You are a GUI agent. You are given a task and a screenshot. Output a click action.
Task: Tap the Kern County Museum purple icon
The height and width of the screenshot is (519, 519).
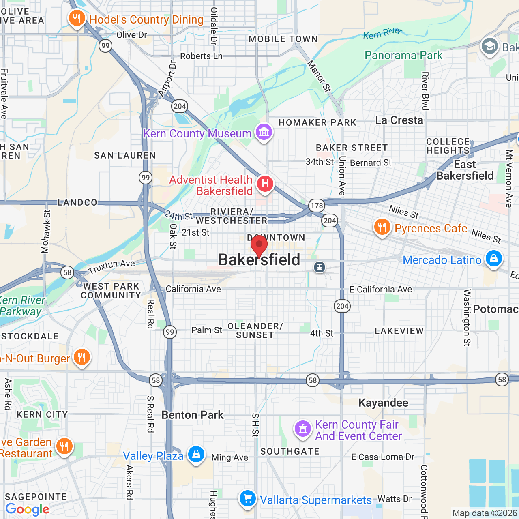(264, 132)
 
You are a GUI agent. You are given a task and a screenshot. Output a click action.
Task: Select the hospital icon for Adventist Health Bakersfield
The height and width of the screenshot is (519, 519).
(265, 184)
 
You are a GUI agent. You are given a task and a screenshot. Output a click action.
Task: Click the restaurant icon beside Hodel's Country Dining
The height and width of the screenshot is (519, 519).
(77, 18)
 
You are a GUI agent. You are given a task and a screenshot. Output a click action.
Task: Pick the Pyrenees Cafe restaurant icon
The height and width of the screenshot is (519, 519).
(382, 227)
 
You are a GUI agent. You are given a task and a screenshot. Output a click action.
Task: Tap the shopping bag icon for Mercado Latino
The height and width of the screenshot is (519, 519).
(493, 258)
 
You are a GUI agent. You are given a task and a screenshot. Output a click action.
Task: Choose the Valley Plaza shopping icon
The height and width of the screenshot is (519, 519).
(196, 454)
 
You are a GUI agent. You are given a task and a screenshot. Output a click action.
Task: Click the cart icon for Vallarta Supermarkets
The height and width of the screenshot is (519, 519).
(247, 498)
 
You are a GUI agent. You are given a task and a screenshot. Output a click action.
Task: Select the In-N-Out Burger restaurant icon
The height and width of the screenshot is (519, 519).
(82, 357)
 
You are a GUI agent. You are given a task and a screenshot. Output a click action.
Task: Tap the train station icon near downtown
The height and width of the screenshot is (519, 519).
(320, 267)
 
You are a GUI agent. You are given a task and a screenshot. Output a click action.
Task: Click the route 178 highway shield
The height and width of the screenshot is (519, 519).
(317, 205)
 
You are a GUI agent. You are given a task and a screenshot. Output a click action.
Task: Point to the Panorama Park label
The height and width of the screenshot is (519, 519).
(403, 55)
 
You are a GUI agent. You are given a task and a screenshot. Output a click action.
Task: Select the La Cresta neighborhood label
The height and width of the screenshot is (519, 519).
(399, 120)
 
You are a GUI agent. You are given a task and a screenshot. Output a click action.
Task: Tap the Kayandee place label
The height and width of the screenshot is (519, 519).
(384, 403)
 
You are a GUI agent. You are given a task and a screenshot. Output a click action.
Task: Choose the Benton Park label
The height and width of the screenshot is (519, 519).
(193, 415)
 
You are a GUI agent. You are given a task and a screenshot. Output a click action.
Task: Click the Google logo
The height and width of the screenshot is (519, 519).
(27, 509)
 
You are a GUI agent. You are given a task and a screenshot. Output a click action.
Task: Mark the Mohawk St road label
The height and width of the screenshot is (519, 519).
(46, 232)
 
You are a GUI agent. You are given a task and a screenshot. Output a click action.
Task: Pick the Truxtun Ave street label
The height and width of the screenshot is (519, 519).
(112, 266)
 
